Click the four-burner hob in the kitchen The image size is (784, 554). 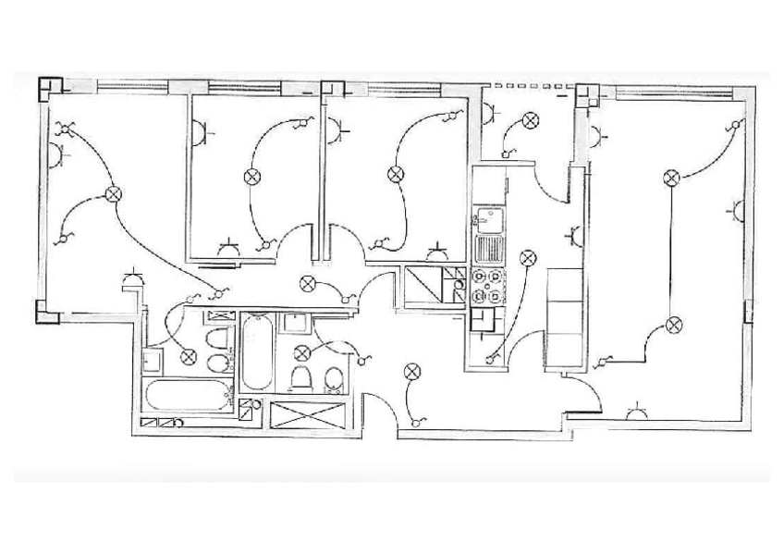(487, 286)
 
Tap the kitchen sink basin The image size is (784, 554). (486, 220)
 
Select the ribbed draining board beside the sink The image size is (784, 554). (486, 248)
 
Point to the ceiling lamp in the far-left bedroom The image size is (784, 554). (114, 193)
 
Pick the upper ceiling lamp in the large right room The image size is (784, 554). (672, 176)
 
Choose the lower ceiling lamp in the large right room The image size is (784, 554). (674, 324)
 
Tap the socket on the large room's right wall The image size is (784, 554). (736, 210)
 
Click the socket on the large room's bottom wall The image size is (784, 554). (636, 412)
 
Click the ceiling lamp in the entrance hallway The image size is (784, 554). (410, 372)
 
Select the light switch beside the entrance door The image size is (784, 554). (418, 421)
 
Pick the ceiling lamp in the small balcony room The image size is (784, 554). (530, 119)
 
